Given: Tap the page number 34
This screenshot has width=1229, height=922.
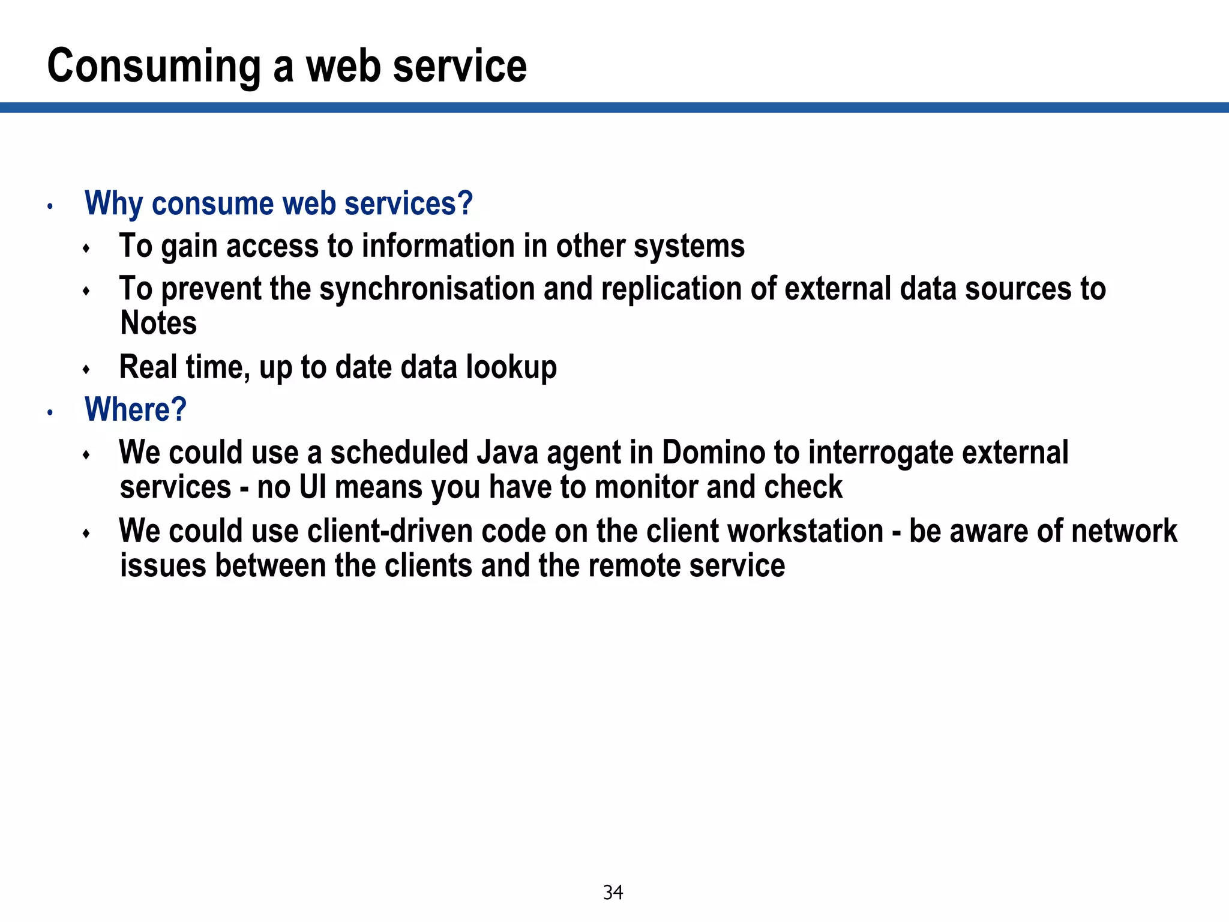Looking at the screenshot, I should pyautogui.click(x=613, y=893).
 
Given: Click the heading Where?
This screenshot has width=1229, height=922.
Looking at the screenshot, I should pyautogui.click(x=136, y=410).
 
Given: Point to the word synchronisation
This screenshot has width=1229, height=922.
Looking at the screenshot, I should pyautogui.click(x=427, y=289).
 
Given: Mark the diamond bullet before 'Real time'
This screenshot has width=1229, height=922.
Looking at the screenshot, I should pyautogui.click(x=86, y=369).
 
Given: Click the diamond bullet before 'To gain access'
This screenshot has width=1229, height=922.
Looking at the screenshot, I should pyautogui.click(x=86, y=248).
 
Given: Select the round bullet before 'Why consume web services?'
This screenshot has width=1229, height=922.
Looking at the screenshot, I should pyautogui.click(x=50, y=207).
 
